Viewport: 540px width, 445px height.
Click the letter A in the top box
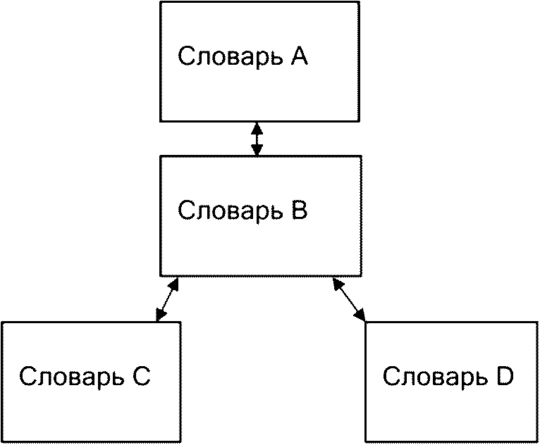point(298,56)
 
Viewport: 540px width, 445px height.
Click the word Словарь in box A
point(230,58)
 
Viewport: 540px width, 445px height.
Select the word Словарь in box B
point(231,211)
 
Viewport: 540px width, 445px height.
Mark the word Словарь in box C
point(73,377)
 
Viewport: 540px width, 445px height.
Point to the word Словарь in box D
point(436,377)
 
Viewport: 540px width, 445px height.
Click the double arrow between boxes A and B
point(257,139)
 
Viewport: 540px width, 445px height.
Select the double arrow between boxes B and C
point(167,299)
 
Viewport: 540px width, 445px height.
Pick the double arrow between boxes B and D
point(348,299)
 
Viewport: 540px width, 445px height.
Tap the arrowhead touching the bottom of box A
point(257,128)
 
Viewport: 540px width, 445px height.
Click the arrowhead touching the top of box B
point(257,149)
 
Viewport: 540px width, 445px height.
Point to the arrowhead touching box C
point(160,314)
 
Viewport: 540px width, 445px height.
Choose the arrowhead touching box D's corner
point(360,314)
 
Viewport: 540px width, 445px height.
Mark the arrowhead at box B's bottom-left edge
point(173,284)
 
